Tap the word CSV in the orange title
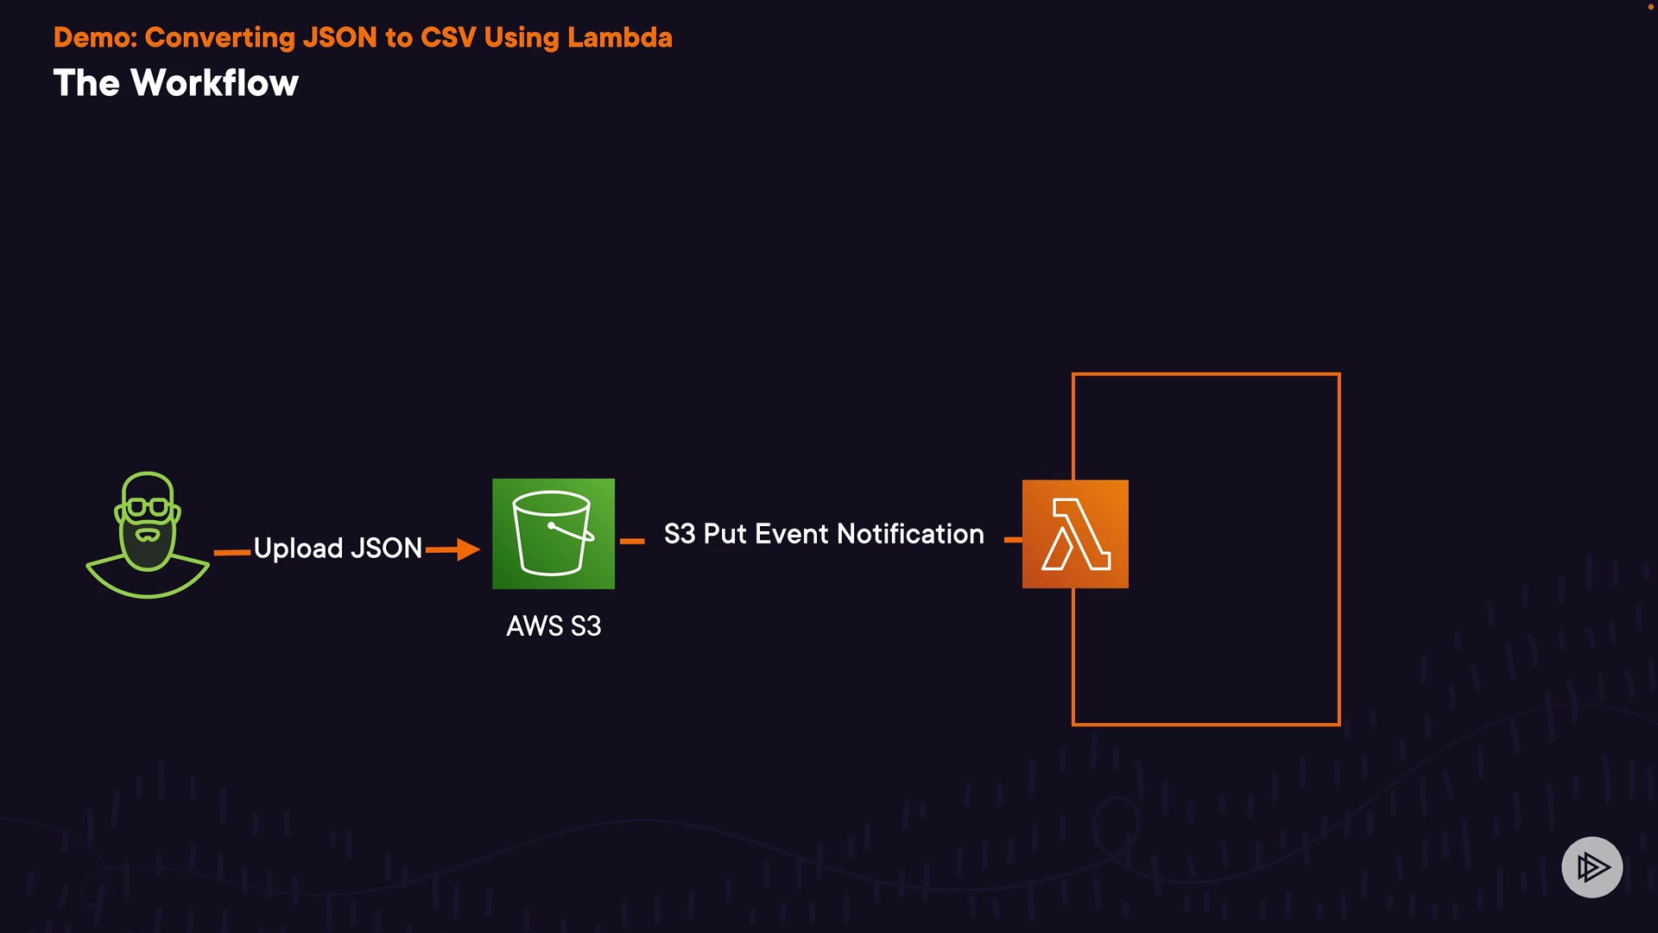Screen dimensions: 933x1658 coord(448,38)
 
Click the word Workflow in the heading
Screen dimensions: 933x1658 coord(214,84)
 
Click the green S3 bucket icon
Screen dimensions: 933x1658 coord(554,534)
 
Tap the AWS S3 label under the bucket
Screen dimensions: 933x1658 coord(554,626)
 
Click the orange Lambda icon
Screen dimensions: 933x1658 coord(1075,534)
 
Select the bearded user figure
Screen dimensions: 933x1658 coord(148,536)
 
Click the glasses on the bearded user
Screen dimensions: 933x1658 coord(148,507)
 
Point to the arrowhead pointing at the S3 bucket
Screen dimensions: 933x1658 coord(468,549)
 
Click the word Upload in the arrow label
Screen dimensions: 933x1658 coord(298,549)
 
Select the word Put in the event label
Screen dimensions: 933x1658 coord(725,534)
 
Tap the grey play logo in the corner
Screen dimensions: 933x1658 coord(1592,866)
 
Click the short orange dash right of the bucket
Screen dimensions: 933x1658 coord(632,541)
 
